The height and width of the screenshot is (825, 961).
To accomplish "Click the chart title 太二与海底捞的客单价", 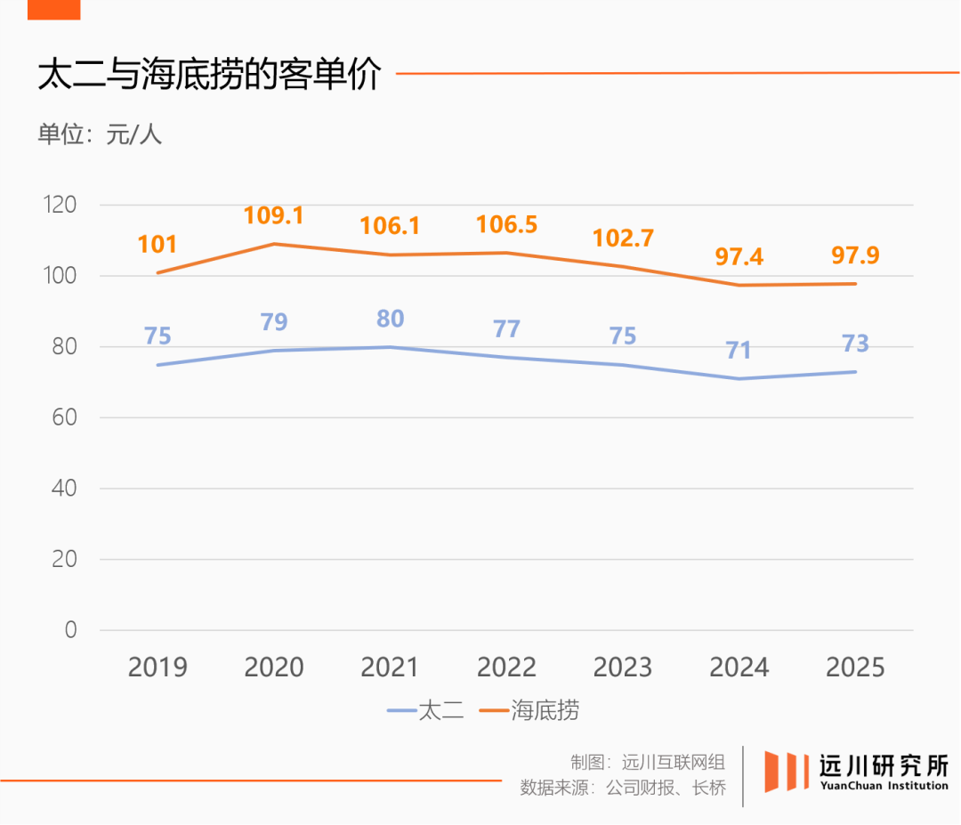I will [209, 76].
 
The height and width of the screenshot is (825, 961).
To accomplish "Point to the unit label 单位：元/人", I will [100, 134].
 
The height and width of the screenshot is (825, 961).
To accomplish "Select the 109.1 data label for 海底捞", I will [274, 215].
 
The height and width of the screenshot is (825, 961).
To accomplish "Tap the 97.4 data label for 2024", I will [739, 257].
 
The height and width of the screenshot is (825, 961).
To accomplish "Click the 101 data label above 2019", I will [157, 244].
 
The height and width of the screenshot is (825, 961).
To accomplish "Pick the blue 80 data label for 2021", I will [391, 319].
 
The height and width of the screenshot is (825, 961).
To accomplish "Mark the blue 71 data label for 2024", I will [739, 351].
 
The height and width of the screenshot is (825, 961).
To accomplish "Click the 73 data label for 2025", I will [855, 344].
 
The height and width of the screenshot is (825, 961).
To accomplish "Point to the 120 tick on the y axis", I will [61, 205].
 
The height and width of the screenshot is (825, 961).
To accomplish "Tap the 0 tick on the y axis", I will [71, 630].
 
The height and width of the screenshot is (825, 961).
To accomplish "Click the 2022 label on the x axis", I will [506, 667].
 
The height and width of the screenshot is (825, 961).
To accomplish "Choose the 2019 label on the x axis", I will [157, 667].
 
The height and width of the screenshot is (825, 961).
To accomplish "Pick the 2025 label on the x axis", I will [855, 667].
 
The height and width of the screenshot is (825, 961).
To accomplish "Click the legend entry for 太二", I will [427, 710].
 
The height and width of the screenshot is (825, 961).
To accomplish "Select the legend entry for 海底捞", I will [530, 710].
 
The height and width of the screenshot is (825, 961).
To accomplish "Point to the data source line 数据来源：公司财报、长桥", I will [623, 788].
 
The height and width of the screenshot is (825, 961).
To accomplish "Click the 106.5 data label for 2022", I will [506, 224].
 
